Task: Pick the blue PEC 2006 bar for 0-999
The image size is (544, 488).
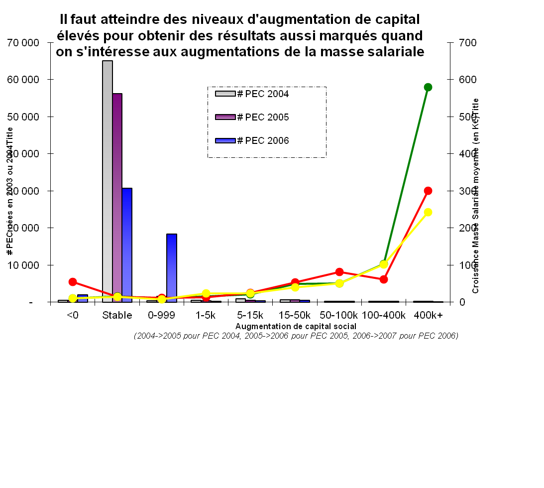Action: point(171,267)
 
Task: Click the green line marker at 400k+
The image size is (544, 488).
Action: point(428,87)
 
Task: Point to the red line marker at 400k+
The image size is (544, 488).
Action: point(428,191)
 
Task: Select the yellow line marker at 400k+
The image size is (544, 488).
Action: point(428,212)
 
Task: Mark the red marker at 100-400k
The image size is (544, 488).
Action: point(384,279)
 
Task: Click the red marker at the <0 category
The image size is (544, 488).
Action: point(73,282)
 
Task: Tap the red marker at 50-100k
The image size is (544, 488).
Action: point(339,272)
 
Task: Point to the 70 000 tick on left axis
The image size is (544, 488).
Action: point(23,43)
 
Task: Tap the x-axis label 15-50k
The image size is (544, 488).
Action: point(295,315)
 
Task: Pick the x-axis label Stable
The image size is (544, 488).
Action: point(117,315)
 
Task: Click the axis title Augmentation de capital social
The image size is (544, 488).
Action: point(296,326)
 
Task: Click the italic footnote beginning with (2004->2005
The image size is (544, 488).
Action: point(296,336)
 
